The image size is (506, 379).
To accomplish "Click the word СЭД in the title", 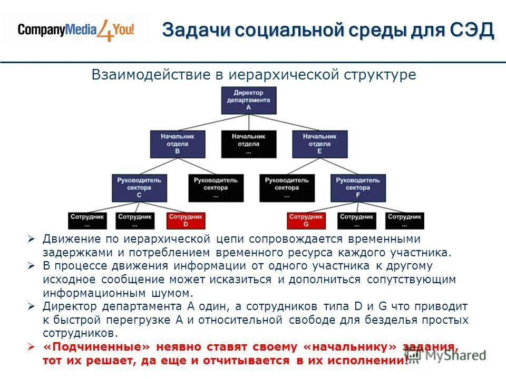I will tap(472, 30).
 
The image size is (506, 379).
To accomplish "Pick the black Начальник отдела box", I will tap(248, 143).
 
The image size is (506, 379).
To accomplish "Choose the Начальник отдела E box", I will tap(320, 143).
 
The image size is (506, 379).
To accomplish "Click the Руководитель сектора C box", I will tap(139, 187).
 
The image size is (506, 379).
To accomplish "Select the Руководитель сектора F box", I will tap(358, 187).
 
